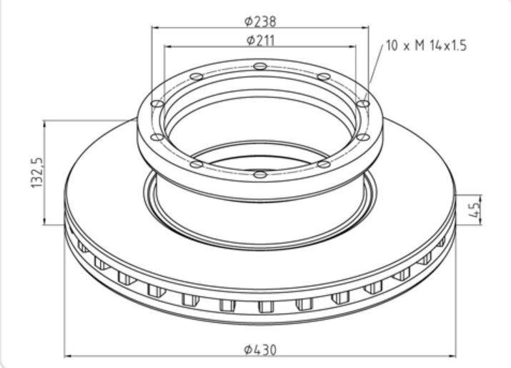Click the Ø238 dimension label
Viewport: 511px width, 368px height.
pos(260,21)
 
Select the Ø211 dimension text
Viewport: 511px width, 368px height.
pos(261,41)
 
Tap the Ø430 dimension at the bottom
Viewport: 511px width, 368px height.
pos(260,349)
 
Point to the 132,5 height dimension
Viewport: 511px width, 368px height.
pos(37,172)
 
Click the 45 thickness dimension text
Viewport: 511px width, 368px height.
pos(474,209)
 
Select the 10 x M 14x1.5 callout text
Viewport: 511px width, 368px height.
pos(426,45)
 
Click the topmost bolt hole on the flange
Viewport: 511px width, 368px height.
pos(260,66)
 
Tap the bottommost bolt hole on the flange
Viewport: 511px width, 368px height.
pos(260,174)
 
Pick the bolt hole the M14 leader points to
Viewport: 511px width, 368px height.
pos(363,104)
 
